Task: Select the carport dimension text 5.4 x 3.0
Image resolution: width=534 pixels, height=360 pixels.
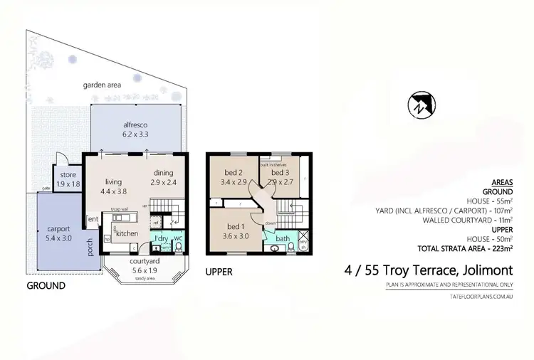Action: point(59,238)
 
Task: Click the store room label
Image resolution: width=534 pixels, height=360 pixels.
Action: point(68,174)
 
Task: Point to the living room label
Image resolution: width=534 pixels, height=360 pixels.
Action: point(114,181)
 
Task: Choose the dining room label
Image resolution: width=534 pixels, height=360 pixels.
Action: point(164,172)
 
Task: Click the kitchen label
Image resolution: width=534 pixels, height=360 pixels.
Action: point(127,233)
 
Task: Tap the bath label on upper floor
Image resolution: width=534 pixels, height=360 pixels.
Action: point(283,238)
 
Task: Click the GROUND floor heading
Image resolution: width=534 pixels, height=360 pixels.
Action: point(46,285)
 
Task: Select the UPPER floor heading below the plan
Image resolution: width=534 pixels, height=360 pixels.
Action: point(219,272)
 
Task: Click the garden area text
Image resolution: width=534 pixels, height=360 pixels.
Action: point(102,85)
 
